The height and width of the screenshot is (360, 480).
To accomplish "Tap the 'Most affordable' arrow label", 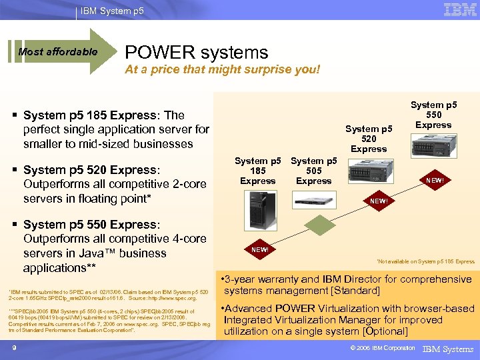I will [x=58, y=52].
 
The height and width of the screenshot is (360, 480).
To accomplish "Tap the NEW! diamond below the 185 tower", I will [x=260, y=250].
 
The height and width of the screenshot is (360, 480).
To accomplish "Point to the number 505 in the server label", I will [x=313, y=171].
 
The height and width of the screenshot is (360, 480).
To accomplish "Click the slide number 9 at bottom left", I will [x=13, y=347].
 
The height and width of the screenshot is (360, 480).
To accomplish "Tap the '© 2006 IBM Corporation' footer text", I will [x=378, y=348].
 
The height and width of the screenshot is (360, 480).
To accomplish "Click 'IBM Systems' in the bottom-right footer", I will [x=448, y=349].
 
